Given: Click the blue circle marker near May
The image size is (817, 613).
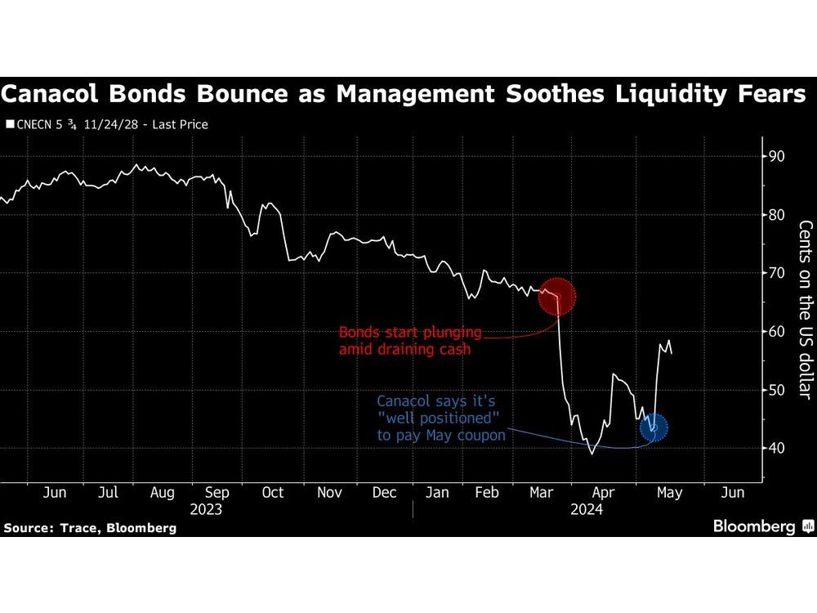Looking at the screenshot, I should [653, 427].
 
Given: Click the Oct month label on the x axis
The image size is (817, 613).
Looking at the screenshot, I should [272, 493].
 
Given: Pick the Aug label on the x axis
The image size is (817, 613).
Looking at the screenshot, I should [163, 493].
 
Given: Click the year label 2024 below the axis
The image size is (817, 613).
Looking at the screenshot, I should [587, 509].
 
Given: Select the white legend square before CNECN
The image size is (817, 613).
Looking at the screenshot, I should [10, 125].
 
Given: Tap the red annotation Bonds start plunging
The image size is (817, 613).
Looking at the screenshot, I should [410, 333].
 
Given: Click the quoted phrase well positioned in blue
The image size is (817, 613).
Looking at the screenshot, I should [444, 418].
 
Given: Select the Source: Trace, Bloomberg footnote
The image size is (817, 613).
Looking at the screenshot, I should [90, 528].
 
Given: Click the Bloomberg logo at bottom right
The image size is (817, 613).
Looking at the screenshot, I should [760, 526].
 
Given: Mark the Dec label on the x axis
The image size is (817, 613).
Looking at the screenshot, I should [384, 493].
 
